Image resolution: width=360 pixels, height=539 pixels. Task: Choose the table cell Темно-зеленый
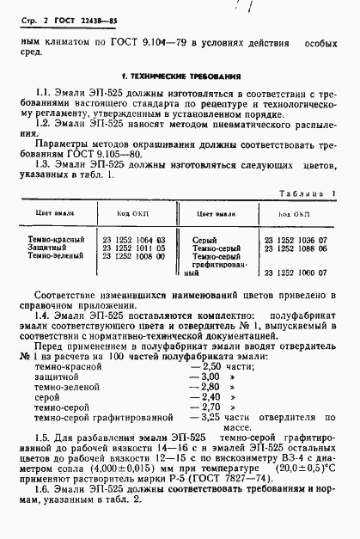56,256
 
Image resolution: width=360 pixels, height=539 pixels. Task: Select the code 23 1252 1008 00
134,256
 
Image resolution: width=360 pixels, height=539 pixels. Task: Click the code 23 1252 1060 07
296,274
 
